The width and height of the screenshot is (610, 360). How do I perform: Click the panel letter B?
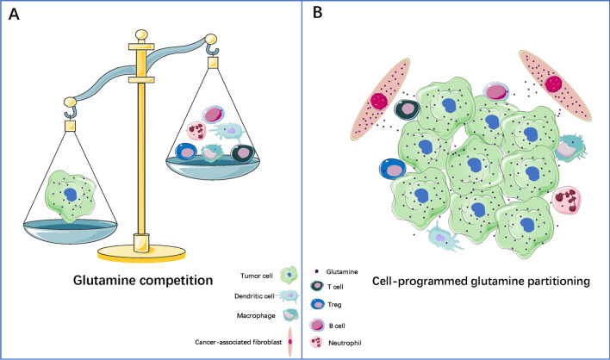coord(319,15)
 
